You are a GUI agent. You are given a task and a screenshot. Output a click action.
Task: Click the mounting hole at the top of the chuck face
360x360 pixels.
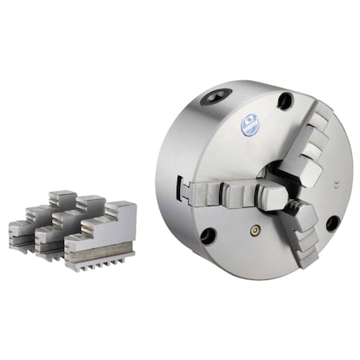[285, 101]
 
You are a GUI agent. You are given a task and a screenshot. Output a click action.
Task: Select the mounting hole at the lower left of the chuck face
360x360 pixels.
[208, 235]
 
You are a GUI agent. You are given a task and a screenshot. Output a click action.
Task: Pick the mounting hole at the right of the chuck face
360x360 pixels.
[331, 223]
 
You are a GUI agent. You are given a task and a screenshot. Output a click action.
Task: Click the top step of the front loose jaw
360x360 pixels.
[122, 210]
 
